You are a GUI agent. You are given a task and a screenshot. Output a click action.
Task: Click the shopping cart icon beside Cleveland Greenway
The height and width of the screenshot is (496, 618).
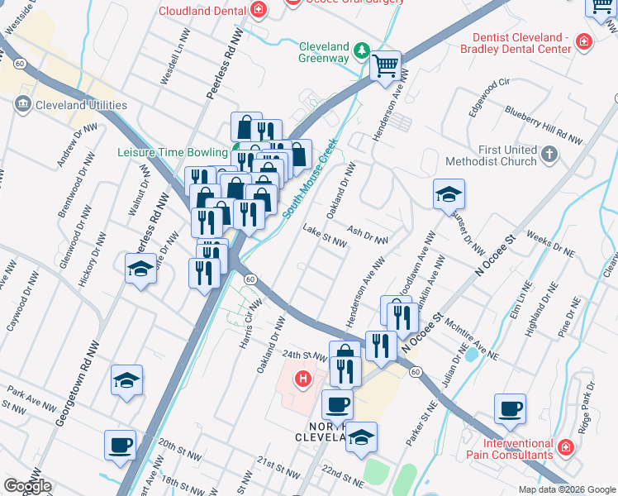pyautogui.click(x=385, y=65)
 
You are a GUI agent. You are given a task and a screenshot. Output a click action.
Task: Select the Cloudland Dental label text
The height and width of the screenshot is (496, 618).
pyautogui.click(x=202, y=11)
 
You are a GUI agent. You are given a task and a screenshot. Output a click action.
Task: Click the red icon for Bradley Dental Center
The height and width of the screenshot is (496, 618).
pyautogui.click(x=584, y=41)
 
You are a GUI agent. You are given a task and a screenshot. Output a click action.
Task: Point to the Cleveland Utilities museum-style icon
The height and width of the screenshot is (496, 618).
pyautogui.click(x=22, y=105)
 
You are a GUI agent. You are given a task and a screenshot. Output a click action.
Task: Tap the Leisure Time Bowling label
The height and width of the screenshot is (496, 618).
pyautogui.click(x=172, y=152)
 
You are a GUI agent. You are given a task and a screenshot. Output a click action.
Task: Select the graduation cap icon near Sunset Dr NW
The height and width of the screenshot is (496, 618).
pyautogui.click(x=449, y=194)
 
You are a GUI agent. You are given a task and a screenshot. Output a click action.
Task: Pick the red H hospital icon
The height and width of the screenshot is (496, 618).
pyautogui.click(x=303, y=379)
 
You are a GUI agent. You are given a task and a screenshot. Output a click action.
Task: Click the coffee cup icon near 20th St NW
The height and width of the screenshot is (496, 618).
pyautogui.click(x=121, y=446)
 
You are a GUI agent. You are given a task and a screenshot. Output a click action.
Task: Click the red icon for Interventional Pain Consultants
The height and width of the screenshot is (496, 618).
pyautogui.click(x=566, y=448)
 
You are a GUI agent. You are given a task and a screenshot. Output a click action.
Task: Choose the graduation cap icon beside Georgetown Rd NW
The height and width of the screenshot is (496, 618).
pyautogui.click(x=125, y=380)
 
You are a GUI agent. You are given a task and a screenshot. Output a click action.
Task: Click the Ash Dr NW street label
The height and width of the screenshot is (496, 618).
pyautogui.click(x=368, y=235)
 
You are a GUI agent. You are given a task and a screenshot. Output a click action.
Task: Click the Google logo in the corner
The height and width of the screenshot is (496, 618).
pyautogui.click(x=27, y=486)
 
